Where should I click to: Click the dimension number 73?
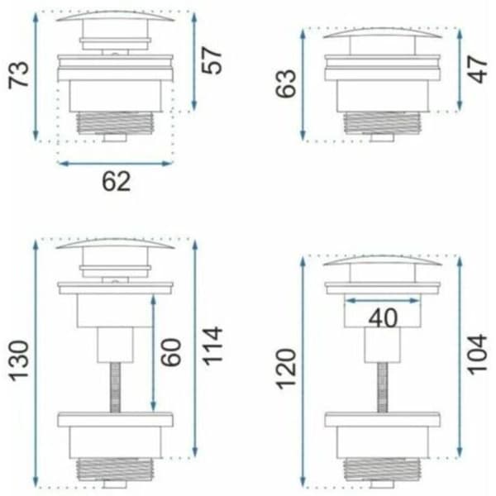coord(18,75)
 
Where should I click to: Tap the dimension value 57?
coord(212,60)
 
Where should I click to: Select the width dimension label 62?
coord(116,181)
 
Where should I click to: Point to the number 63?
coord(286,83)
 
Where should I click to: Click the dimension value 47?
coord(478,69)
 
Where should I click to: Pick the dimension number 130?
coord(19,360)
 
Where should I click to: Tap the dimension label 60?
coord(171,352)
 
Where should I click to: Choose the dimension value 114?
coord(212,346)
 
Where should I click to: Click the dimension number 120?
coord(286,369)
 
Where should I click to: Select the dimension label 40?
coord(383,318)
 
